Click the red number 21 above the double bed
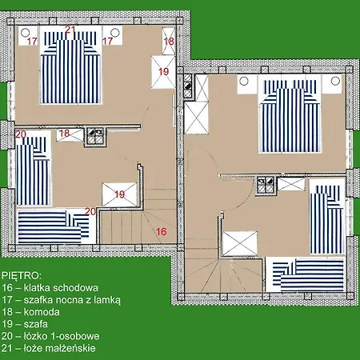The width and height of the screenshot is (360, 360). click(x=70, y=30)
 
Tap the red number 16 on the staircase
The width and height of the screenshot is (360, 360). click(x=162, y=231)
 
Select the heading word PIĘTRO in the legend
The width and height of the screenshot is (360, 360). click(x=22, y=276)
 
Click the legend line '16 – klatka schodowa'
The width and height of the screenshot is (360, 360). click(x=50, y=288)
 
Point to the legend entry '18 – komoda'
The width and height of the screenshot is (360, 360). click(x=30, y=312)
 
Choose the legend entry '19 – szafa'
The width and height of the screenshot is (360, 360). click(x=25, y=324)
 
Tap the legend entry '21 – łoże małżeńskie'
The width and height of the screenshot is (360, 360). click(x=49, y=348)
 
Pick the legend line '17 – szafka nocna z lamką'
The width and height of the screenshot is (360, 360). click(x=61, y=300)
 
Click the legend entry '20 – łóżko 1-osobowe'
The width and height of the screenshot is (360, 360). click(x=50, y=336)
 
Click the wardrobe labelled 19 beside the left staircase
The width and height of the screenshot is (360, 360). click(x=119, y=194)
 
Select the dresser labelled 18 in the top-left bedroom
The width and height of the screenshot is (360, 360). click(x=169, y=41)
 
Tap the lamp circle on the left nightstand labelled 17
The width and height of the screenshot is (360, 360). click(x=25, y=33)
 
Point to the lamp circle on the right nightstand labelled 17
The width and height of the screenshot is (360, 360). click(x=115, y=32)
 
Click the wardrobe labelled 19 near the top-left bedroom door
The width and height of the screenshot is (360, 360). click(x=163, y=72)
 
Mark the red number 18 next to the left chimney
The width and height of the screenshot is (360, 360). click(x=65, y=133)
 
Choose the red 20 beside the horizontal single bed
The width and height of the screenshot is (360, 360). click(x=90, y=211)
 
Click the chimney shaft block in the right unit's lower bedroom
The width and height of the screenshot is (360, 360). click(x=266, y=185)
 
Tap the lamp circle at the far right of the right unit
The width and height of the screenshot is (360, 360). click(x=335, y=81)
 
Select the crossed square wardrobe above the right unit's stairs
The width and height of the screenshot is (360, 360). click(x=240, y=244)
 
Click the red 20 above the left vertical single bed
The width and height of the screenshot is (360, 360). click(x=21, y=134)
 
